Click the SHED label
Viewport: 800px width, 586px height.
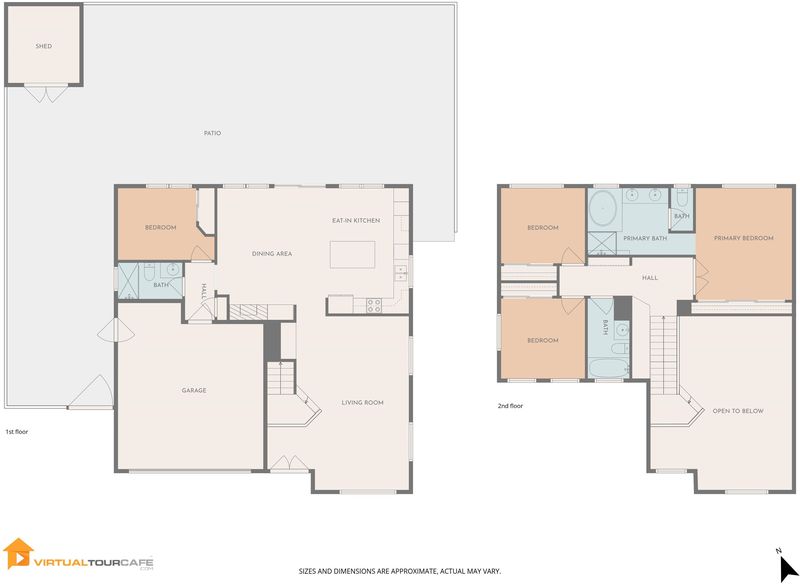click(44, 46)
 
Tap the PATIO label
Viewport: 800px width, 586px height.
click(212, 133)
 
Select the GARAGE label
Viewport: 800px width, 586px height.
click(194, 390)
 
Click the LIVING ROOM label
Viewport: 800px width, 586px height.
click(362, 402)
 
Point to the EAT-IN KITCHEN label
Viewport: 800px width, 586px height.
click(356, 220)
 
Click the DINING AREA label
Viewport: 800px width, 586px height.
click(272, 253)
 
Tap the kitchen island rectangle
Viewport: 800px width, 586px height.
click(353, 254)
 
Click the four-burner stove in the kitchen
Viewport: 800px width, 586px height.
click(374, 305)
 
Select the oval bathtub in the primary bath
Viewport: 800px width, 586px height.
click(603, 209)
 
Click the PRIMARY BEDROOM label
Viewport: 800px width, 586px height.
click(743, 238)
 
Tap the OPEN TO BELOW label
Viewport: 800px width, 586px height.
click(738, 411)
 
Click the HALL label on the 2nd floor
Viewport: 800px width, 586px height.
click(650, 278)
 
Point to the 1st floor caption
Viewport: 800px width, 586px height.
click(17, 431)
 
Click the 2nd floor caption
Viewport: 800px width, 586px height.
click(510, 406)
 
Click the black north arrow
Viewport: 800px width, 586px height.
click(789, 569)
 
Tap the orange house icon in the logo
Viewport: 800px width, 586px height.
click(18, 553)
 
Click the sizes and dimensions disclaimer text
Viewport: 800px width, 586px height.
click(399, 571)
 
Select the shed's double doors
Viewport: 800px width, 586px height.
click(46, 94)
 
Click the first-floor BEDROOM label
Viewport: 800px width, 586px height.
click(161, 227)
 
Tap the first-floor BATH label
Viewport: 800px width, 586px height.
click(161, 285)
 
